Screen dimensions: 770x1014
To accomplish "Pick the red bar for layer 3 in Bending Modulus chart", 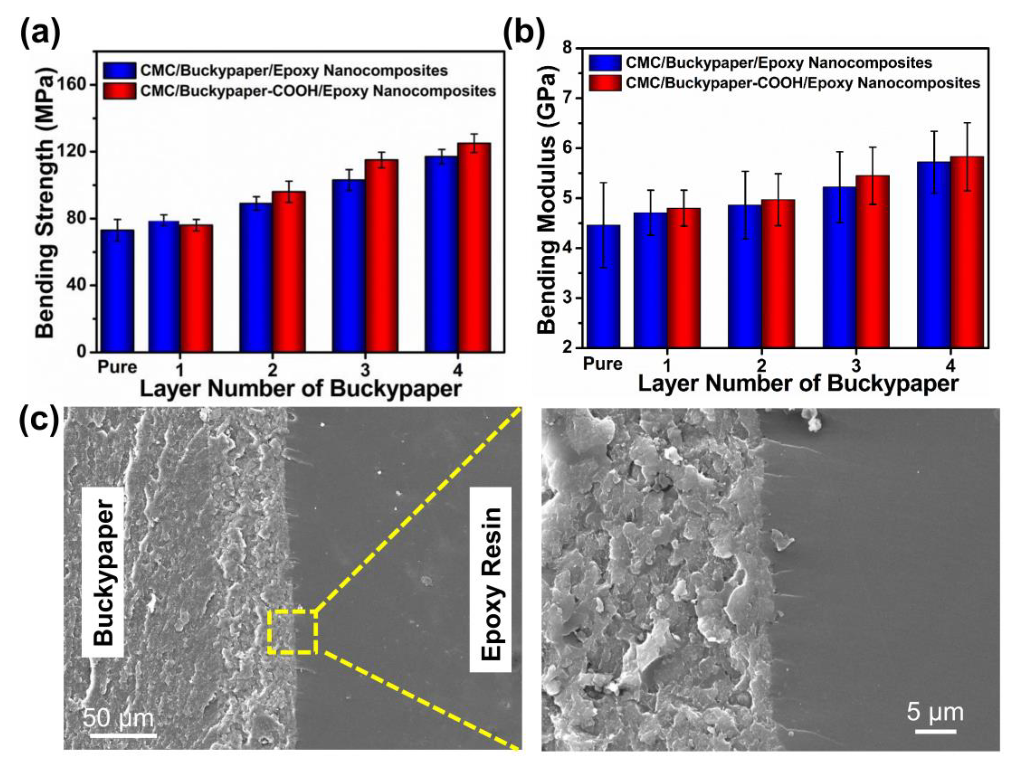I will click(873, 261).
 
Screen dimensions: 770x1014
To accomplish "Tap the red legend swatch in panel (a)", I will click(119, 91).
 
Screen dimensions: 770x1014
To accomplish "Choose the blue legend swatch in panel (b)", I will click(605, 62).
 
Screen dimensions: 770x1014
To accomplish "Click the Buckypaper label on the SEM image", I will click(103, 573).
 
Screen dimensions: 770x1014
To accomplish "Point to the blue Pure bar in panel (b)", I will click(604, 286).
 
